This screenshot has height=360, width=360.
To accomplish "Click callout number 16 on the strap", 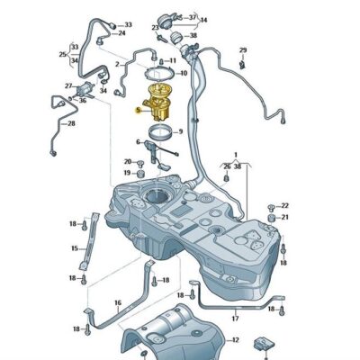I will point(117,303).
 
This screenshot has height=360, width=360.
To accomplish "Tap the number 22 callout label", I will point(285,206).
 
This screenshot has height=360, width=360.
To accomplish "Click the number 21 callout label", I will point(285,217).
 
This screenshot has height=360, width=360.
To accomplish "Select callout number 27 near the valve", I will point(67,85).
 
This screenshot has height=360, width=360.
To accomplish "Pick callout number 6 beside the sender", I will point(139,141).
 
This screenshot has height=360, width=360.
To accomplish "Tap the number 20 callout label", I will point(128,161).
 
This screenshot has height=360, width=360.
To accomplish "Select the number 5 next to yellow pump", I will point(137,111).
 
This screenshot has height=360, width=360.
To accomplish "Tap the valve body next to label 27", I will point(87,88).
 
